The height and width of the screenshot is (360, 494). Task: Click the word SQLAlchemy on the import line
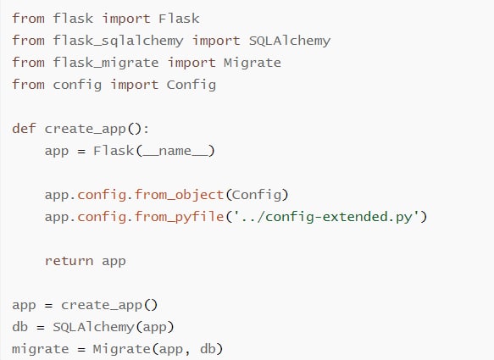pos(290,41)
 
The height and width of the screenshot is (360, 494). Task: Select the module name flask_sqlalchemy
pos(118,41)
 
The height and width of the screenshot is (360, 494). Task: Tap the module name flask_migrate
pos(106,63)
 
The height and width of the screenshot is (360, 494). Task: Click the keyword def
pos(24,129)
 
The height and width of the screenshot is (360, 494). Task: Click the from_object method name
pos(180,195)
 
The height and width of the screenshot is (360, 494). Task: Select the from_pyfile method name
pos(180,217)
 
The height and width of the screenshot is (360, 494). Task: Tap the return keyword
pos(69,261)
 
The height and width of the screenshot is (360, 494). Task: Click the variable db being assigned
pos(20,327)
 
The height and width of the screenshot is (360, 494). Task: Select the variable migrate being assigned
pos(41,349)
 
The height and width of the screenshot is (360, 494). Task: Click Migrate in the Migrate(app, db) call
pos(122,349)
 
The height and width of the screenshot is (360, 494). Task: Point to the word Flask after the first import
pos(179,19)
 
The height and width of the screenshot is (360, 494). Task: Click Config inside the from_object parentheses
pos(257,195)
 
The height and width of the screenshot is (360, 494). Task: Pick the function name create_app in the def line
pos(86,129)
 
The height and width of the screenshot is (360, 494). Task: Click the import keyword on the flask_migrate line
pos(191,63)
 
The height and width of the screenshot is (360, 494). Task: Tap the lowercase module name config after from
pos(77,85)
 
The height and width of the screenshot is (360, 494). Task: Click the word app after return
pos(114,262)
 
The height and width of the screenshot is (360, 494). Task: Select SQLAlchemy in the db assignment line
pos(93,327)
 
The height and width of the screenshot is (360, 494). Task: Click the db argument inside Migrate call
pos(208,349)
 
